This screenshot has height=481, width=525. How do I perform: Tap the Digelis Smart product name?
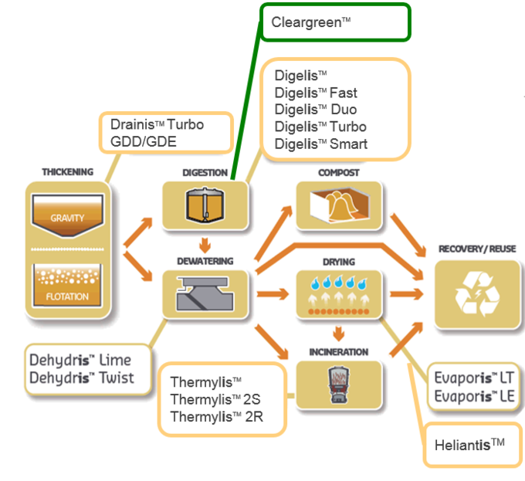(320, 144)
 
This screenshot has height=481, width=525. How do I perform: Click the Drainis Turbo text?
(157, 124)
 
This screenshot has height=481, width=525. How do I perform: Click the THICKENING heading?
(67, 171)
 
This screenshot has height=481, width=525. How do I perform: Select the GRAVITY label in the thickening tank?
(67, 218)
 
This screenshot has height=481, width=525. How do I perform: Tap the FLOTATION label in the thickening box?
(67, 296)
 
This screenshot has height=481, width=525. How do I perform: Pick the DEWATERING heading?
(205, 261)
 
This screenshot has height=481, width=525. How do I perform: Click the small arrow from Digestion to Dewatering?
(205, 246)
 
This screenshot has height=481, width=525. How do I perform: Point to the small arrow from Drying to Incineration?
(338, 334)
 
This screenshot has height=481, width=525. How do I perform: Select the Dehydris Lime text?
(80, 360)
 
